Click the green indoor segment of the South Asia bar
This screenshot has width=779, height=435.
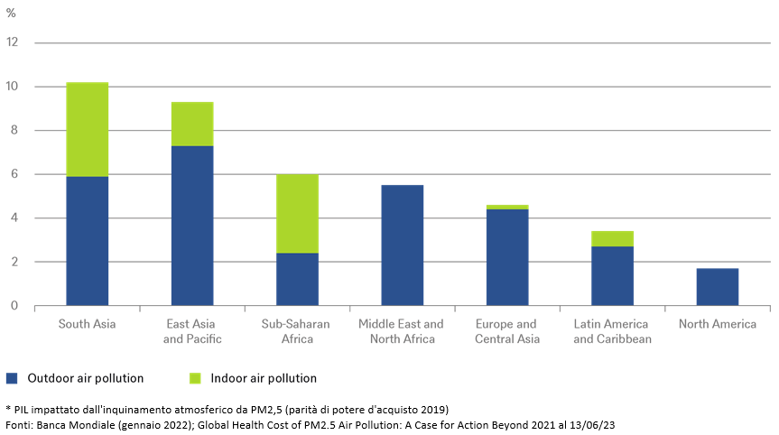point(87,129)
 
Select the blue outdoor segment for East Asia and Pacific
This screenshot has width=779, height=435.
point(191,226)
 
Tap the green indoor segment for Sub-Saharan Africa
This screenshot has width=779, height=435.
point(297,214)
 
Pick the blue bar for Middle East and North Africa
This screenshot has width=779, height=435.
point(402,245)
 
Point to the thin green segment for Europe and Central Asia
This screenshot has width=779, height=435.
point(506,207)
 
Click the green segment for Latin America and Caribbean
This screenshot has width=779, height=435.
point(612,238)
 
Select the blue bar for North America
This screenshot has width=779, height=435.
point(717,287)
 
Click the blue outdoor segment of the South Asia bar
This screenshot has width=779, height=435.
point(87,241)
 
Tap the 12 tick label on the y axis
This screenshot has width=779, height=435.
point(12,42)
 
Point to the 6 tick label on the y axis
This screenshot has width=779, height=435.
point(14,174)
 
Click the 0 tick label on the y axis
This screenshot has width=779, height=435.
point(14,306)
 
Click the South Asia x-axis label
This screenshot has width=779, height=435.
point(87,324)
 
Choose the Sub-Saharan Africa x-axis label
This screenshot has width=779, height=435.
point(296,331)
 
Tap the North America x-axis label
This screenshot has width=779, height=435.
point(717,324)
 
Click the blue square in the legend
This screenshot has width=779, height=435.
point(12,378)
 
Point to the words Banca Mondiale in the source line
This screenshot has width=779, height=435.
point(78,423)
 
